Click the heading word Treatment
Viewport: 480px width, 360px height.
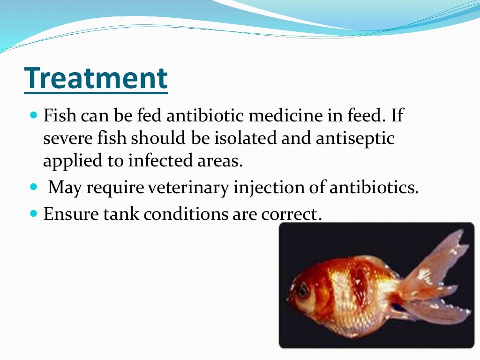(96, 78)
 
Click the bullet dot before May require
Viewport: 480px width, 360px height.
(33, 187)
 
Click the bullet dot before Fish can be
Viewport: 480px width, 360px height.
(33, 114)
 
